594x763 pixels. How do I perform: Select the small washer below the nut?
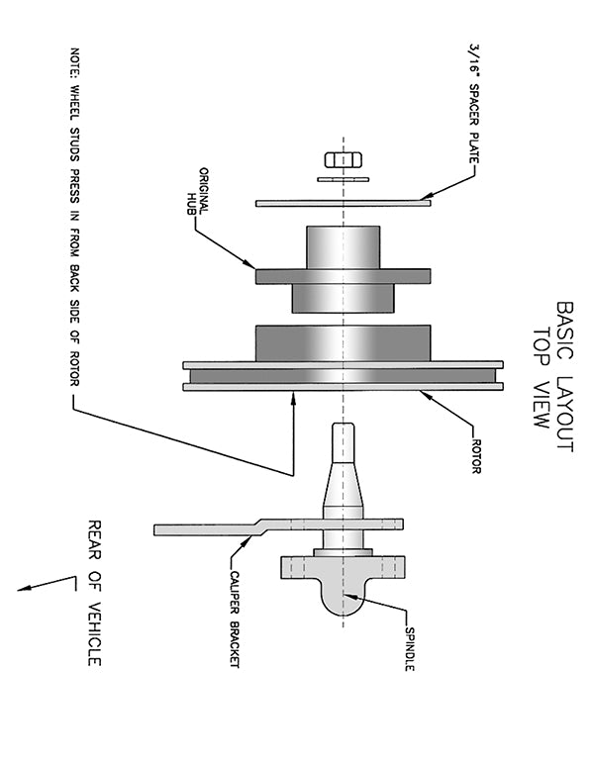343,179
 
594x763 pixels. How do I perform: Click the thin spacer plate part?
343,203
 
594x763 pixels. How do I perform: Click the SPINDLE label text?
409,649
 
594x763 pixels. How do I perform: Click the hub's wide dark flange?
343,276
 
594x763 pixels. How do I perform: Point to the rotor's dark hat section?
343,342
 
